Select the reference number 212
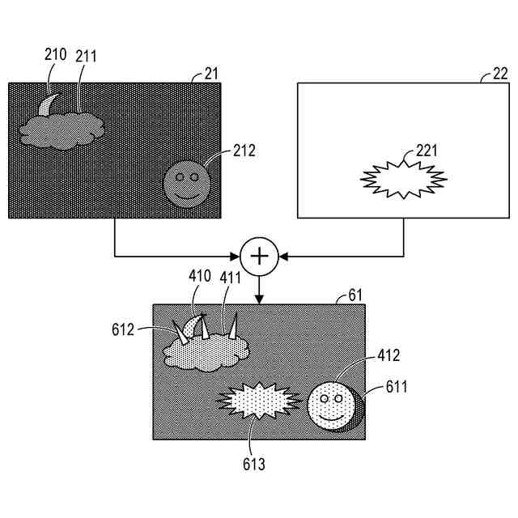pyautogui.click(x=244, y=150)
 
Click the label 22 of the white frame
pyautogui.click(x=499, y=74)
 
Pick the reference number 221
pyautogui.click(x=428, y=150)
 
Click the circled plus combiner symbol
pyautogui.click(x=259, y=257)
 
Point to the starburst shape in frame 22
pyautogui.click(x=403, y=179)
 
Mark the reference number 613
pyautogui.click(x=252, y=465)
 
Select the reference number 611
pyautogui.click(x=397, y=388)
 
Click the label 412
pyautogui.click(x=388, y=355)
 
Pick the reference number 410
pyautogui.click(x=200, y=276)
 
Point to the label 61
pyautogui.click(x=355, y=297)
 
